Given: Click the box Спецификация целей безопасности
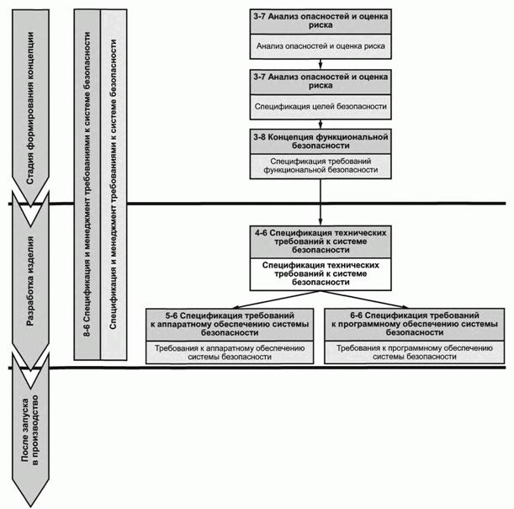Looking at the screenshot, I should pos(321,107).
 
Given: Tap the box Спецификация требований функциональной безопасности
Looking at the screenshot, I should pos(321,165).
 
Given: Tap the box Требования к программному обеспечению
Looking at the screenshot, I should pos(415,352).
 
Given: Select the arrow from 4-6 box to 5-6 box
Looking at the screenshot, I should pos(269,299).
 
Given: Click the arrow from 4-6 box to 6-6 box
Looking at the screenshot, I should pos(370,299).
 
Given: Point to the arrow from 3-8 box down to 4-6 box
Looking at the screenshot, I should pos(321,202).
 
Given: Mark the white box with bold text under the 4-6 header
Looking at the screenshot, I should pos(321,273).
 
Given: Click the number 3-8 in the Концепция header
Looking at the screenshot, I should pos(261,135).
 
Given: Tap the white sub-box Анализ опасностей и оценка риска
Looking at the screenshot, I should pos(321,47).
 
